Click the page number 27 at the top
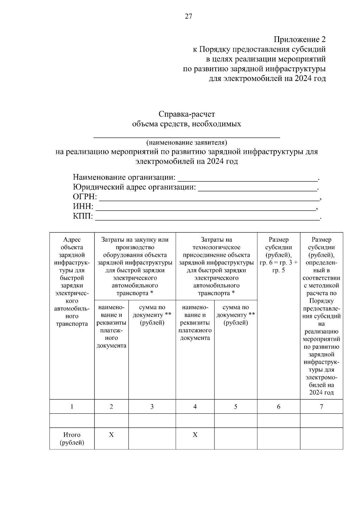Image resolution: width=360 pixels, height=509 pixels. tap(188, 16)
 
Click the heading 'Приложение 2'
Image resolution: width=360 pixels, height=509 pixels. tap(299, 40)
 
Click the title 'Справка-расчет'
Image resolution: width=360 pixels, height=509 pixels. tap(187, 114)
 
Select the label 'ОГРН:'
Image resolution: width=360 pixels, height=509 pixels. tap(85, 197)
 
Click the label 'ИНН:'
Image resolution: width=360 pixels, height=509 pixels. tap(83, 207)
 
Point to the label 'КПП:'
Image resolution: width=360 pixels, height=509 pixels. tap(83, 217)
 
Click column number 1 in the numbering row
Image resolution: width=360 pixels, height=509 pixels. tap(72, 407)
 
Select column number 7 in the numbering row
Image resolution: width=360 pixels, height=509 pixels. tap(321, 407)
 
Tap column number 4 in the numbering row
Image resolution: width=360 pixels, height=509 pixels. tap(195, 407)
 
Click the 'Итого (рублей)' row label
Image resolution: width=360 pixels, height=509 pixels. tap(72, 439)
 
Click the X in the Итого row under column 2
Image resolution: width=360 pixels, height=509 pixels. tap(111, 435)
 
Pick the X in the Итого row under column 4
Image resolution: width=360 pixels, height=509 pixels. tap(195, 435)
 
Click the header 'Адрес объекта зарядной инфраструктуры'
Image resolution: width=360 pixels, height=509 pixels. tap(72, 282)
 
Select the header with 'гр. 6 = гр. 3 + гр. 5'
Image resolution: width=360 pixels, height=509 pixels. tap(279, 255)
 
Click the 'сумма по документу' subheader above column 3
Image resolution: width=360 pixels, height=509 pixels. tap(152, 315)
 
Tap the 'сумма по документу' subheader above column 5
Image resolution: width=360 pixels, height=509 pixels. tap(235, 315)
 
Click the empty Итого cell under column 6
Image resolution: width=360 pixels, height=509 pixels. tap(279, 439)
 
